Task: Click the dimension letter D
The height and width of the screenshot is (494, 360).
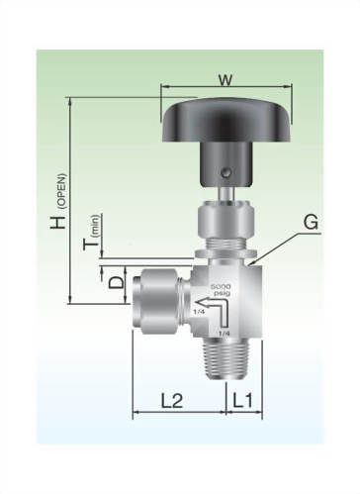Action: click(117, 283)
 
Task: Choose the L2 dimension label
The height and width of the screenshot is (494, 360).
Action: click(172, 400)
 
